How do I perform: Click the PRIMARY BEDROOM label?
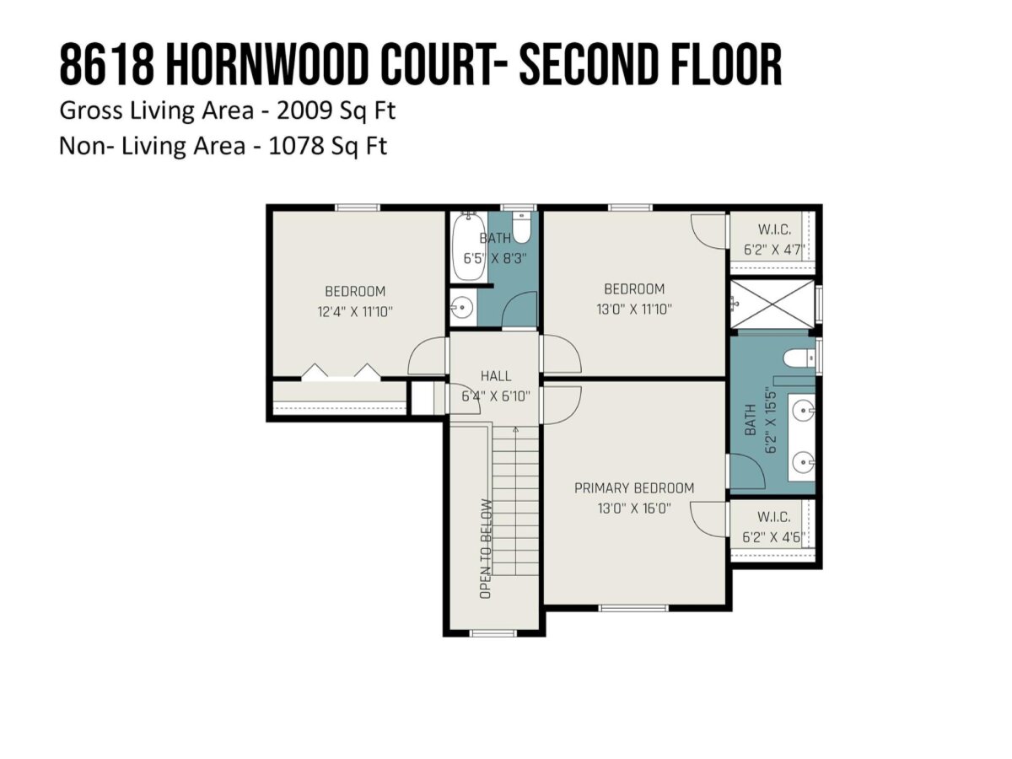[x=634, y=488]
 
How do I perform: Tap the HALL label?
[x=496, y=376]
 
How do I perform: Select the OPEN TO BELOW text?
[x=486, y=549]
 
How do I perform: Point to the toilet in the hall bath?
[x=522, y=228]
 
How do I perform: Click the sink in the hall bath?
[x=461, y=307]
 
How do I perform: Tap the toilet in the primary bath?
[x=799, y=358]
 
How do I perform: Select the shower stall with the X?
[x=772, y=304]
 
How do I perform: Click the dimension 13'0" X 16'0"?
[x=634, y=509]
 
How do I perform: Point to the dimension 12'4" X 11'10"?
[x=355, y=312]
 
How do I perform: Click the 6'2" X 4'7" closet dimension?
[x=774, y=250]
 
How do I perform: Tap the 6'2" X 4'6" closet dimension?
[x=773, y=537]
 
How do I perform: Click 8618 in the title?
[x=106, y=64]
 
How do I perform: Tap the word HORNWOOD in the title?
[x=268, y=64]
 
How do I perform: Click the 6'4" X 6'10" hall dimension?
[x=496, y=396]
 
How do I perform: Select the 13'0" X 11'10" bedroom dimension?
[x=634, y=309]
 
